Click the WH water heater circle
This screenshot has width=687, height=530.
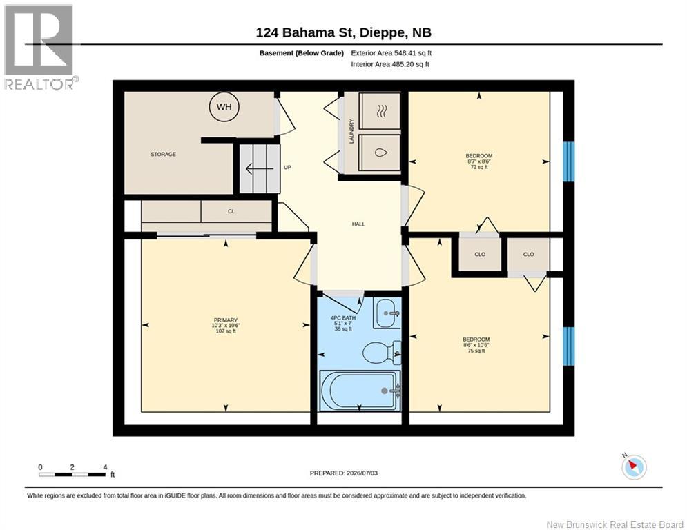[224, 106]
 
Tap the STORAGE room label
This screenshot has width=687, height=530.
[163, 154]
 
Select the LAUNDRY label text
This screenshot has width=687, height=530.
[351, 131]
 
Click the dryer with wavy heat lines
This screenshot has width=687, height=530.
[380, 111]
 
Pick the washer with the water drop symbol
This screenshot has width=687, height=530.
[380, 153]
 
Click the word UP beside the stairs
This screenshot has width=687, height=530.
[287, 167]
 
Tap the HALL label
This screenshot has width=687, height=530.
[358, 224]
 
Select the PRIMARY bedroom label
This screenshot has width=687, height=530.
[226, 326]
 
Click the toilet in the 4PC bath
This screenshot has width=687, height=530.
[381, 352]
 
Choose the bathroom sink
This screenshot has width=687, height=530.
[387, 313]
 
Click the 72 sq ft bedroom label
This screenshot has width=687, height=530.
[479, 161]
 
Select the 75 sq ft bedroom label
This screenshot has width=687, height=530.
[476, 345]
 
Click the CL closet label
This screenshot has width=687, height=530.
[231, 211]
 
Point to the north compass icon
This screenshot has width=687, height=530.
[634, 467]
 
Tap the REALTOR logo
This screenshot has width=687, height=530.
[39, 47]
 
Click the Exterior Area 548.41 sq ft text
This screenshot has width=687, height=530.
[391, 53]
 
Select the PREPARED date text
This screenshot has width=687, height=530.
[344, 473]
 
